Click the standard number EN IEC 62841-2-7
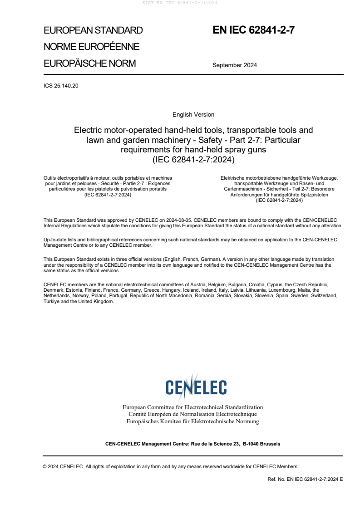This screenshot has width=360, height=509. pos(254,30)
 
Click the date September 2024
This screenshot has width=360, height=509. pos(234,65)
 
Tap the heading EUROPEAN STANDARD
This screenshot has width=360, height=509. pos(93,30)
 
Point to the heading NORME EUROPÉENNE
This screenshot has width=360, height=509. pos(91,47)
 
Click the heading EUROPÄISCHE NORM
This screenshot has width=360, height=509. pos(89,64)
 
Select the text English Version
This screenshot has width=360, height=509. pos(193,115)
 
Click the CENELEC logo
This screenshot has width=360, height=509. pos(196,387)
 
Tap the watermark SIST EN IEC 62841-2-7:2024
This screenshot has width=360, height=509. pos(180,3)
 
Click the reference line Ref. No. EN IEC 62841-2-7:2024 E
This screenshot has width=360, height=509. pos(305,479)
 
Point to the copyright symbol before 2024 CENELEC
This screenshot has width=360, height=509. pos(45,466)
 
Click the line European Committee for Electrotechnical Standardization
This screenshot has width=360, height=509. pos(193,407)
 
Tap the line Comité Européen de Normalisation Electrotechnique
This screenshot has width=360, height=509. pos(193,414)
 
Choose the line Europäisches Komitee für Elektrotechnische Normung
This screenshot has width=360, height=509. pos(193,421)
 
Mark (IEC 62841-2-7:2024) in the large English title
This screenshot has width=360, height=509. pos(193,160)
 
